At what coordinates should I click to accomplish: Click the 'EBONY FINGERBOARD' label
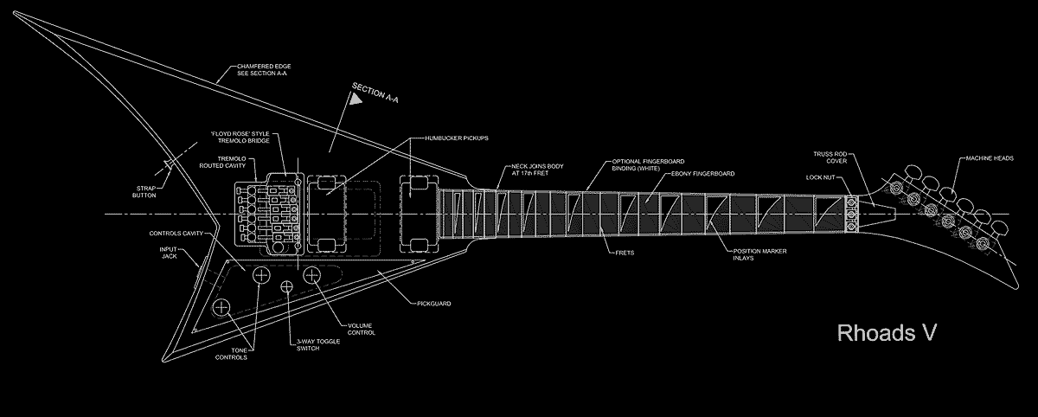[703, 174]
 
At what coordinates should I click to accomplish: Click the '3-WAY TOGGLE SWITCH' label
[317, 345]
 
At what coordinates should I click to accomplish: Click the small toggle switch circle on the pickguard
[286, 286]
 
